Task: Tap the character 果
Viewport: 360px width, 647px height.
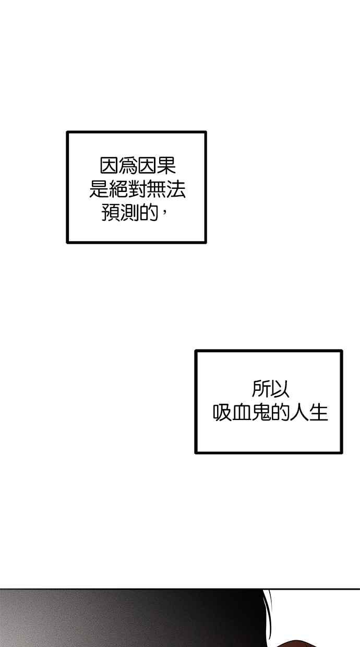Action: click(166, 166)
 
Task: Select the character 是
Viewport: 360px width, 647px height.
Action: click(99, 189)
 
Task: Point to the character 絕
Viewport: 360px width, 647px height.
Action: click(118, 189)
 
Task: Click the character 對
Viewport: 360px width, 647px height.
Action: click(138, 189)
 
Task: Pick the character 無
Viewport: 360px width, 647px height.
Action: click(157, 189)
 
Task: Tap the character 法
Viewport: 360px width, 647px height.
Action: click(176, 189)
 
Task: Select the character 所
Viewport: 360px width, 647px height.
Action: click(261, 389)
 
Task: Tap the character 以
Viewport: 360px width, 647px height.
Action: click(280, 389)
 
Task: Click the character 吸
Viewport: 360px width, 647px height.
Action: click(222, 412)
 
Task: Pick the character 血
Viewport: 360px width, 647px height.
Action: click(242, 412)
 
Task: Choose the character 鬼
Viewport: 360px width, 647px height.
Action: click(261, 412)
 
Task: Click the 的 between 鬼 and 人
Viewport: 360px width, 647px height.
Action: click(280, 412)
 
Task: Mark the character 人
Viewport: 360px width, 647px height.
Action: click(299, 412)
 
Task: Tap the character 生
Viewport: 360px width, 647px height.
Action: click(319, 412)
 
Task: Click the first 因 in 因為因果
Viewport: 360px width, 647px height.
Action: click(109, 166)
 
